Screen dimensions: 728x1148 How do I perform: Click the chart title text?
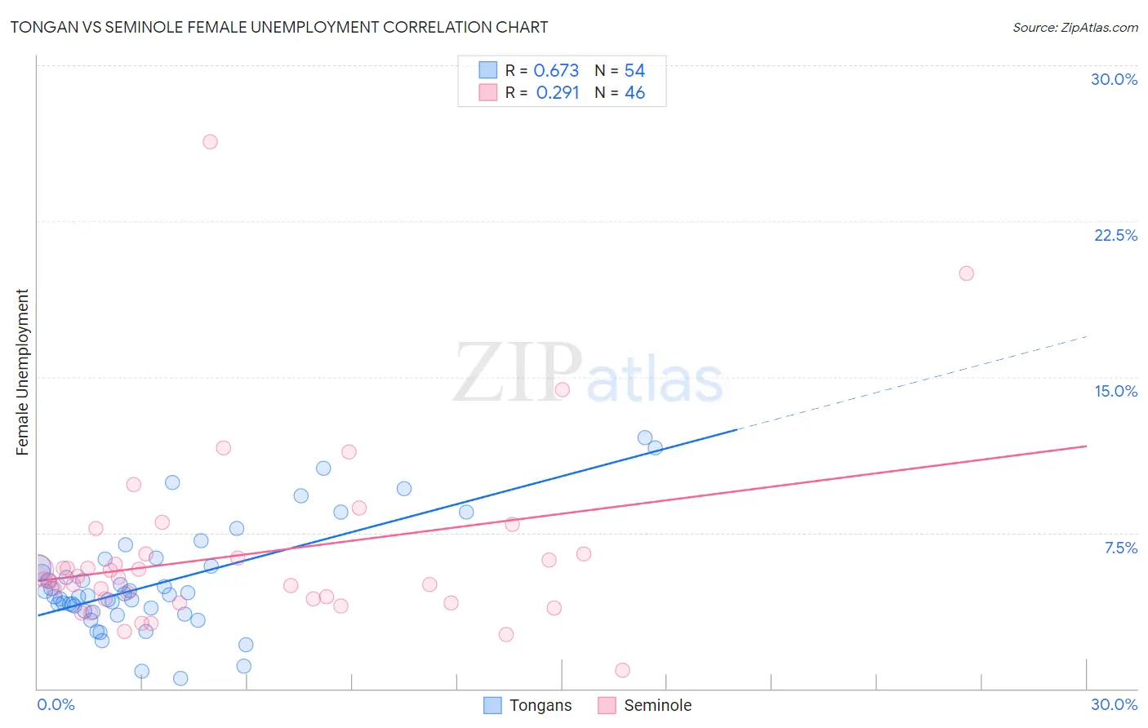pyautogui.click(x=278, y=27)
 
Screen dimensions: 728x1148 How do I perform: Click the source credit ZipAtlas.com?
pyautogui.click(x=1075, y=27)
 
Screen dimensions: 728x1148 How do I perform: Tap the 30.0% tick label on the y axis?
pyautogui.click(x=1114, y=79)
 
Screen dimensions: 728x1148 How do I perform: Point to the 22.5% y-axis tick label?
pyautogui.click(x=1115, y=235)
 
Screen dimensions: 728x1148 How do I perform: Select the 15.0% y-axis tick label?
pyautogui.click(x=1115, y=391)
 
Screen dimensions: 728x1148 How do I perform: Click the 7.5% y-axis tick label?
pyautogui.click(x=1120, y=548)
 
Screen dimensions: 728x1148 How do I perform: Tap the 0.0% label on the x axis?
pyautogui.click(x=56, y=704)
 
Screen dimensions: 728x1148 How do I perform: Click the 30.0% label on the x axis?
pyautogui.click(x=1114, y=704)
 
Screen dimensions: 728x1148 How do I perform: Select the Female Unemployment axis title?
pyautogui.click(x=22, y=371)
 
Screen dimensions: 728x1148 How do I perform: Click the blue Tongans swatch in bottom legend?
pyautogui.click(x=492, y=705)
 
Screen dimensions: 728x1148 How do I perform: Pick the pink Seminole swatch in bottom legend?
pyautogui.click(x=607, y=705)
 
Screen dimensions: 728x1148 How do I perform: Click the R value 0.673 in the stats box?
pyautogui.click(x=556, y=71)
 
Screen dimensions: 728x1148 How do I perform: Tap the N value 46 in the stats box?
pyautogui.click(x=634, y=93)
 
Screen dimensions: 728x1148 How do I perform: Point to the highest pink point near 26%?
pyautogui.click(x=210, y=142)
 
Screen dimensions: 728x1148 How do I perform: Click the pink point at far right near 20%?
pyautogui.click(x=966, y=273)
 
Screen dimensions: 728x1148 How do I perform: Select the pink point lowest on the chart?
pyautogui.click(x=622, y=670)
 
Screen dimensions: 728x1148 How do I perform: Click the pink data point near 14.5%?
pyautogui.click(x=562, y=389)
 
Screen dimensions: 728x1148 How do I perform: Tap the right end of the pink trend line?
pyautogui.click(x=1086, y=446)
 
